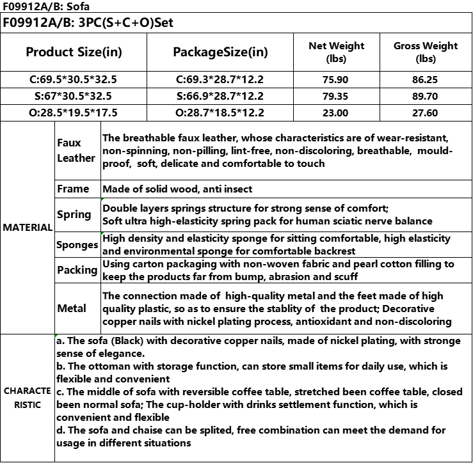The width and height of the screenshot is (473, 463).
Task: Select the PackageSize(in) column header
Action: point(221,52)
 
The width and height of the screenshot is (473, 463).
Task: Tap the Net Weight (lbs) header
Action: point(336,52)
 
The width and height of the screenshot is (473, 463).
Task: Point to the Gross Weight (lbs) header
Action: point(426,52)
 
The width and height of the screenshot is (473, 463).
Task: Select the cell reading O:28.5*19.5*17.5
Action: point(73,113)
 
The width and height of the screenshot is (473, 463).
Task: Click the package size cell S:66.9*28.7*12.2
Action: point(221,97)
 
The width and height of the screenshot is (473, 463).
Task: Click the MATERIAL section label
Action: point(28,228)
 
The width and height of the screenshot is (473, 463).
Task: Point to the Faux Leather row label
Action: point(76,151)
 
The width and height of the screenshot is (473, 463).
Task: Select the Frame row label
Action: point(73,189)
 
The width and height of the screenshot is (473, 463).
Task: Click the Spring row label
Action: point(74,214)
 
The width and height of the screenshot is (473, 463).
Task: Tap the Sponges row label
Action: point(77,245)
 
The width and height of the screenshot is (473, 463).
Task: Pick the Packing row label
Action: point(77,270)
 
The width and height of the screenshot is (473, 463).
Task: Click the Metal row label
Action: point(72,308)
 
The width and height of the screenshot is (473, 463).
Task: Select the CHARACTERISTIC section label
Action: point(28,397)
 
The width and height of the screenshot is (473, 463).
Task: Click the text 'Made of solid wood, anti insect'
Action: point(177,189)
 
